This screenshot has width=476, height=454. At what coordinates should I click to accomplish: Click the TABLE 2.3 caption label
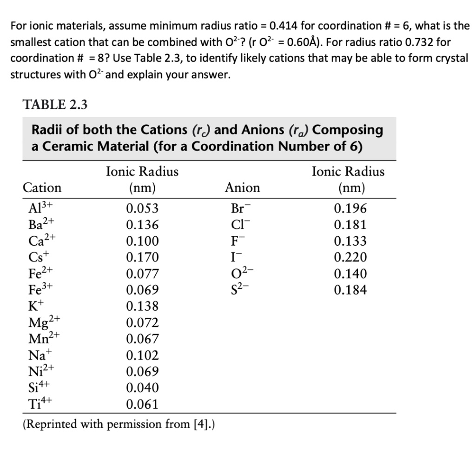point(55,105)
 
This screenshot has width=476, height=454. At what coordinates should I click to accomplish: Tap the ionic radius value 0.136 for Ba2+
point(142,225)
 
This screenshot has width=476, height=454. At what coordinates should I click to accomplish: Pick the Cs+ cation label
point(35,257)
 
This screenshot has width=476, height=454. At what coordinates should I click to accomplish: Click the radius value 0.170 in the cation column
point(142,257)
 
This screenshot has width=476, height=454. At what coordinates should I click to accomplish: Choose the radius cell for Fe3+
point(142,290)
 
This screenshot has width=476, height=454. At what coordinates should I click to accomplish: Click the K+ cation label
point(33,306)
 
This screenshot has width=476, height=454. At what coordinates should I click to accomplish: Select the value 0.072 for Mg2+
point(142,322)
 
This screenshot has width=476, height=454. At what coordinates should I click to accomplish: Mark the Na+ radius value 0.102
point(142,355)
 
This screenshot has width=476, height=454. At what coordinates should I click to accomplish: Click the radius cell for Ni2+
point(142,372)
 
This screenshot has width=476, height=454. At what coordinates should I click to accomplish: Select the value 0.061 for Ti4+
point(142,404)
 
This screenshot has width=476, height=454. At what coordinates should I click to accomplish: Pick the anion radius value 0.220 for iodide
point(350,257)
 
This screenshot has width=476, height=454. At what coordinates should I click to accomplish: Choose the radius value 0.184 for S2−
point(350,290)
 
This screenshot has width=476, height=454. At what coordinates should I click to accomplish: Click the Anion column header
point(242,188)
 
